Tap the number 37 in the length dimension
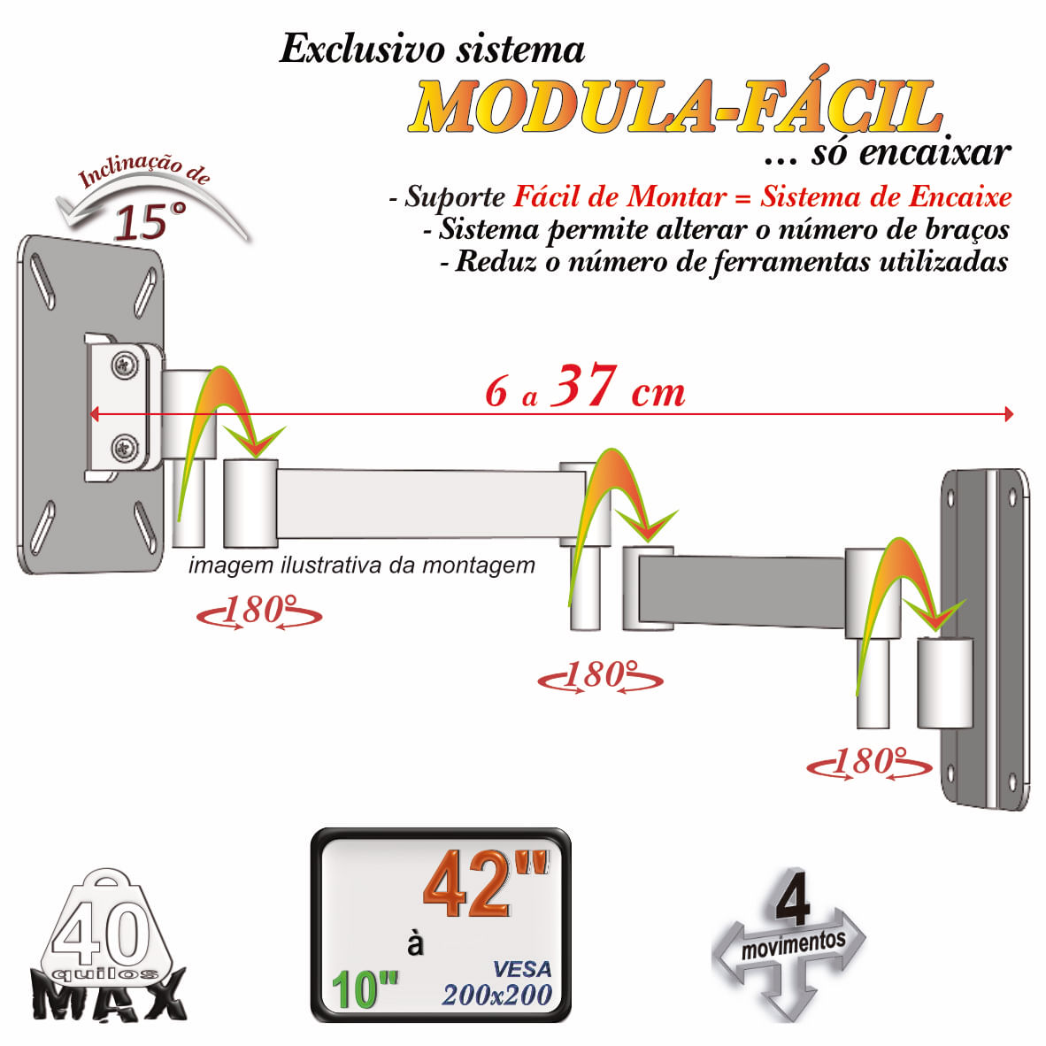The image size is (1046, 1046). (583, 386)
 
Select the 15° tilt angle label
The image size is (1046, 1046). (150, 221)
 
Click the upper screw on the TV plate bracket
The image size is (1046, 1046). (125, 365)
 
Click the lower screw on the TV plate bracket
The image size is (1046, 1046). (125, 448)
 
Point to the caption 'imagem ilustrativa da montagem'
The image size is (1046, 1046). (362, 565)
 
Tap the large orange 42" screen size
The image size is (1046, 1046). (485, 884)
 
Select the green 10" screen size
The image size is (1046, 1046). (365, 989)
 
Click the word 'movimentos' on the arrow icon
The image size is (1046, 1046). (793, 944)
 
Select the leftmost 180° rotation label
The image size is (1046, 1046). (258, 611)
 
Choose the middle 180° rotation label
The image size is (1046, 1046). (600, 676)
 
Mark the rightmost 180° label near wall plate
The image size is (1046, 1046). (869, 763)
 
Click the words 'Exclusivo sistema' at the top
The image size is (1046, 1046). (432, 49)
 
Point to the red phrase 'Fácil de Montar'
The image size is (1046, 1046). (619, 196)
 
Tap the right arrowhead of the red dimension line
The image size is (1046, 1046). (1010, 414)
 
